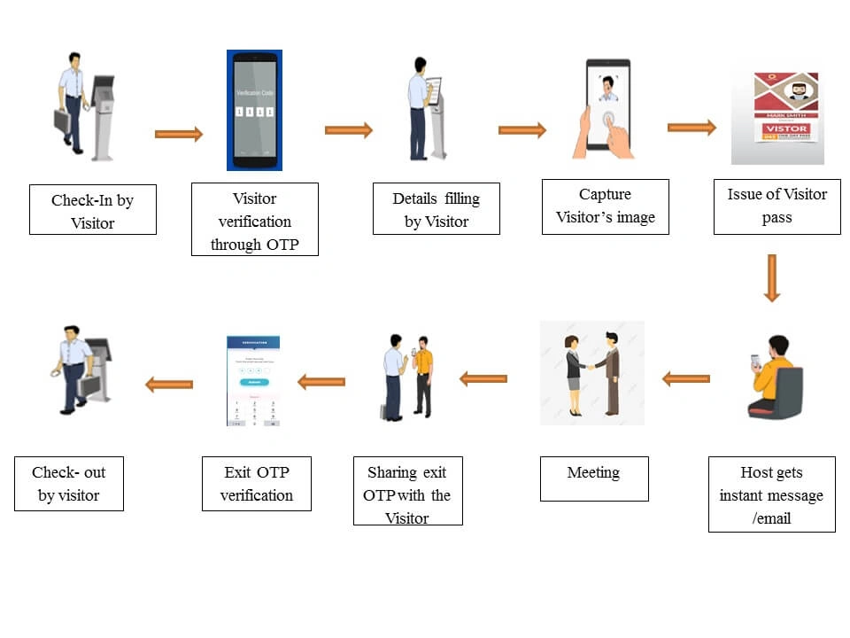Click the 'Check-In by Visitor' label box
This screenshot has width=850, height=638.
pos(92,210)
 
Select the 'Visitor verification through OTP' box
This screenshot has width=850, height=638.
pos(254,220)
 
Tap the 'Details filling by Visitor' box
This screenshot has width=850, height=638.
pos(436,209)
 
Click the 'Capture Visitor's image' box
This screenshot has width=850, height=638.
pos(605,206)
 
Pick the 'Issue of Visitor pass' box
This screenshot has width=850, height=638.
pos(777,206)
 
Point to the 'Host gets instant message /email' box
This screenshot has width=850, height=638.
pos(771,494)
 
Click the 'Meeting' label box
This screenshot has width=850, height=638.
pos(593,478)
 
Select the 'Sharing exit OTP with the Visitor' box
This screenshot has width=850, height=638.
pos(407,491)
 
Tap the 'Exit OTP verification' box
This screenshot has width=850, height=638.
pos(256,483)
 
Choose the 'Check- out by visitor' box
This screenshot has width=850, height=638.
pos(68,483)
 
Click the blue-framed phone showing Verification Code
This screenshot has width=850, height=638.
pos(254,111)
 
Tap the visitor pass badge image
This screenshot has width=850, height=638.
pos(777,115)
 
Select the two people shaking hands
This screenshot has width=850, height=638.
pos(592,372)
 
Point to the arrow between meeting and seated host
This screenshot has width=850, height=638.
pos(686,379)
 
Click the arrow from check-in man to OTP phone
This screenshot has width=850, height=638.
pos(178,134)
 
